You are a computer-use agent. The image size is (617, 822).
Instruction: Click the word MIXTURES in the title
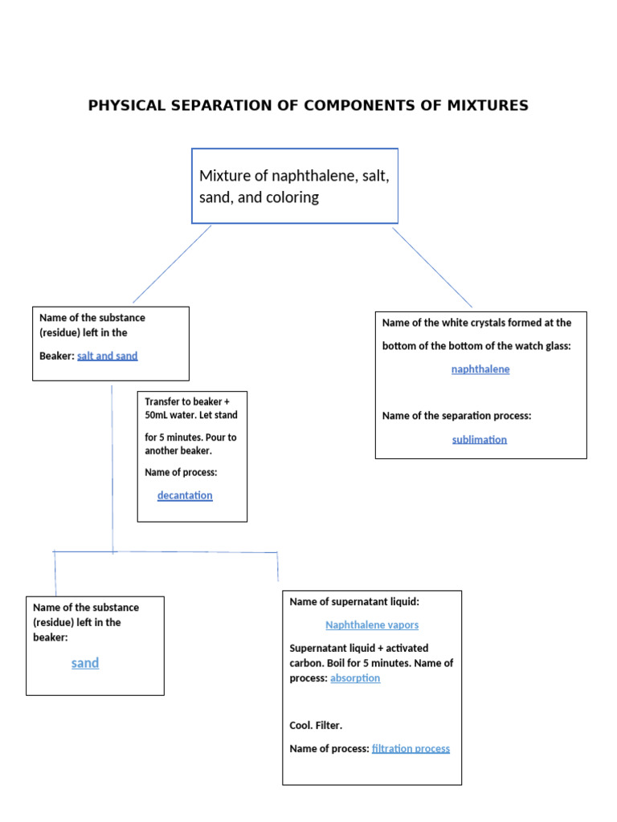pyautogui.click(x=490, y=105)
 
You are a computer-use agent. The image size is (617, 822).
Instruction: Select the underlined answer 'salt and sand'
pyautogui.click(x=108, y=356)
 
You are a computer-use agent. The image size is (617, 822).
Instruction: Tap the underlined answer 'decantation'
pyautogui.click(x=185, y=495)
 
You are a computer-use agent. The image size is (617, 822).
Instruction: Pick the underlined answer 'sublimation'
pyautogui.click(x=480, y=439)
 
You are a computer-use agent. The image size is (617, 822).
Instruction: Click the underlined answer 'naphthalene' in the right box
pyautogui.click(x=480, y=369)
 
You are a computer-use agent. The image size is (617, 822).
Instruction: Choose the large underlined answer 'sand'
pyautogui.click(x=85, y=663)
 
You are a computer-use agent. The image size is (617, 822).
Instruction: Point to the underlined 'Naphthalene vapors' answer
pyautogui.click(x=372, y=625)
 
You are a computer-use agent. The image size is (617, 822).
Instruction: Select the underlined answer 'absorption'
pyautogui.click(x=355, y=678)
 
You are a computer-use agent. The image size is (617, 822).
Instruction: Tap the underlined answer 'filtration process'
pyautogui.click(x=411, y=749)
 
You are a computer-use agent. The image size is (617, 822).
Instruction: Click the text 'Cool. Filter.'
pyautogui.click(x=316, y=726)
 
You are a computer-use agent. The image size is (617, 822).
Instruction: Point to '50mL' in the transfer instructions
pyautogui.click(x=157, y=415)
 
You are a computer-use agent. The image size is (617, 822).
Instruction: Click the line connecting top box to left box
pyautogui.click(x=173, y=263)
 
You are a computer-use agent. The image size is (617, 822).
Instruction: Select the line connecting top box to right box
pyautogui.click(x=431, y=267)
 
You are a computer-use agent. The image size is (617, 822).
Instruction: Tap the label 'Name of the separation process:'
pyautogui.click(x=456, y=416)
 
